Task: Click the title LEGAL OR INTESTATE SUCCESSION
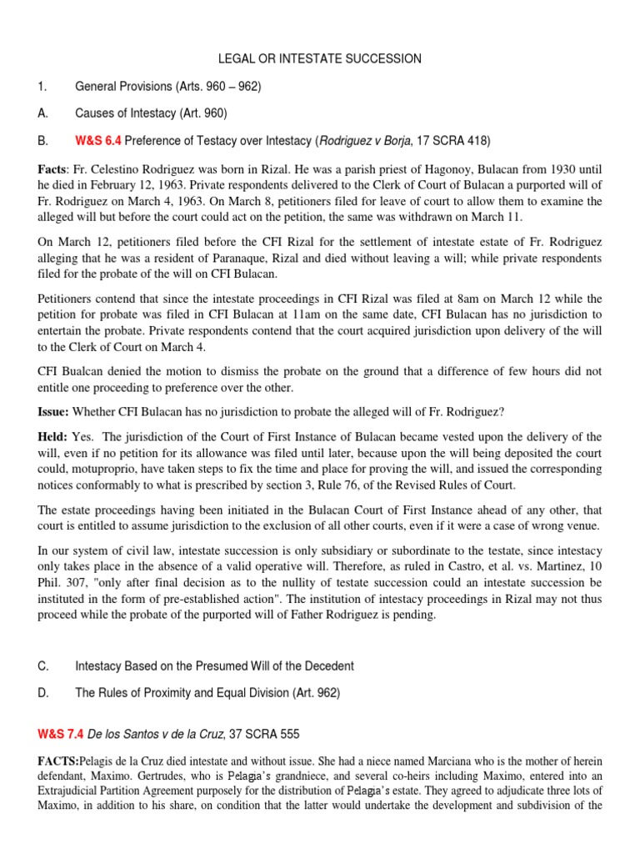click(x=320, y=58)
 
